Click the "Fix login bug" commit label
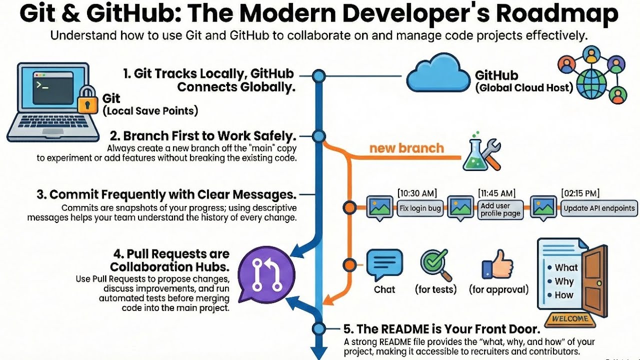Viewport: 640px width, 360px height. point(420,208)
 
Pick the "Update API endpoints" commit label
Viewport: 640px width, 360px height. point(599,208)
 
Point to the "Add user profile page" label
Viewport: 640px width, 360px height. point(500,209)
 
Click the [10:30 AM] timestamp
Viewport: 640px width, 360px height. point(417,193)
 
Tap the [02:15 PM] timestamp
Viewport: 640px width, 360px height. point(580,193)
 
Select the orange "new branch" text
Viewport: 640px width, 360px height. point(406,148)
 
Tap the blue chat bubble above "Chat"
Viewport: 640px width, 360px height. point(384,264)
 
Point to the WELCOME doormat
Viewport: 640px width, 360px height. point(569,318)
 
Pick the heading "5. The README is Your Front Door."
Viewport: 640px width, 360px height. point(441,329)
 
